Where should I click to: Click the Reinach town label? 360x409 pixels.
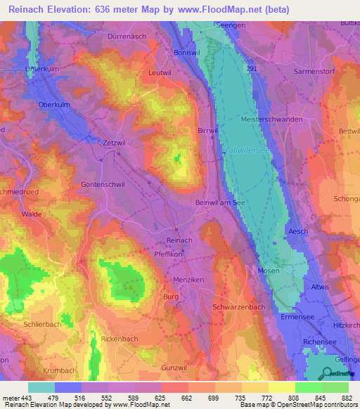tap(179, 240)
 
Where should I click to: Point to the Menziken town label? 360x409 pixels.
tap(187, 279)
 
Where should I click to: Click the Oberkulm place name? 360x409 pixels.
tap(56, 105)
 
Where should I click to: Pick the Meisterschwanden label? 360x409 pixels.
tap(271, 119)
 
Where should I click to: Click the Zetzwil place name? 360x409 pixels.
tap(98, 141)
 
